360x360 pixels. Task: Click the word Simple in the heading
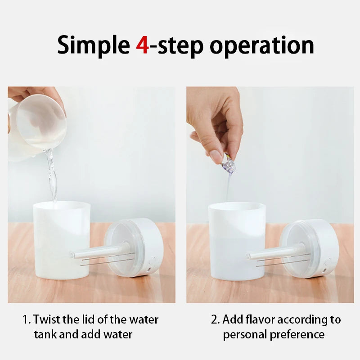[93, 46]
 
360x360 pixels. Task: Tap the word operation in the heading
[265, 46]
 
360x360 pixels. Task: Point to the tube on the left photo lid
[99, 252]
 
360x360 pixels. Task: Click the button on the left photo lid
[153, 261]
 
